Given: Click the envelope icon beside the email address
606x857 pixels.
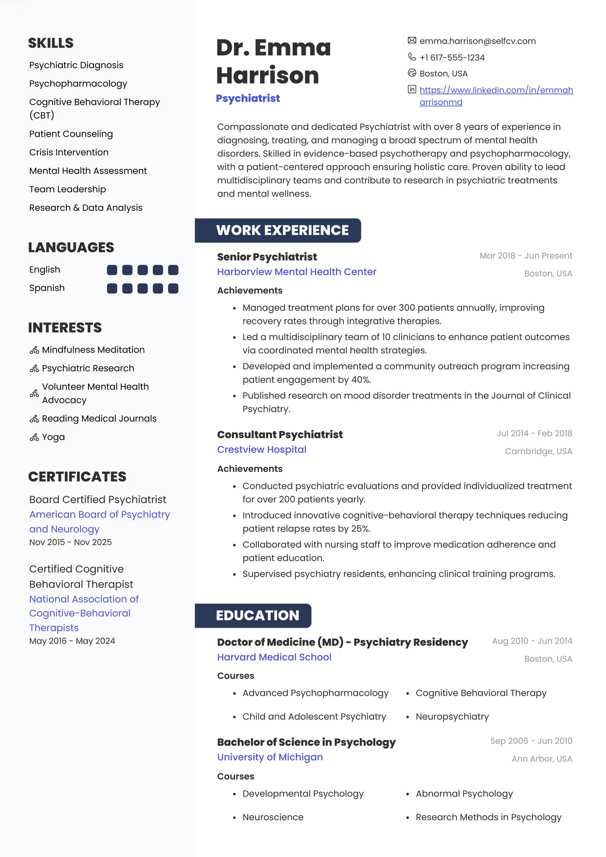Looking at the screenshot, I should [x=412, y=40].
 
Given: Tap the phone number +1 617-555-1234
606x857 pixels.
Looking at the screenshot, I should [x=452, y=58].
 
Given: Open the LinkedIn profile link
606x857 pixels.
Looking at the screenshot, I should [x=496, y=90].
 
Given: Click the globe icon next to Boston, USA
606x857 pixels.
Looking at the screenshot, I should [x=412, y=73].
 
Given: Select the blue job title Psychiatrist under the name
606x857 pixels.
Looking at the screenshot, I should [x=248, y=98].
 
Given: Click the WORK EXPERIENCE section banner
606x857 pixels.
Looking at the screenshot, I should [x=278, y=231].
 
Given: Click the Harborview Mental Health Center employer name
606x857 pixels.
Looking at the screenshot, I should [x=297, y=272].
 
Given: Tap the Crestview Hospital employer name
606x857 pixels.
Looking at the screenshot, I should [x=262, y=450].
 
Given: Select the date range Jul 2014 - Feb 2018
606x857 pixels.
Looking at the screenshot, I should [x=534, y=433].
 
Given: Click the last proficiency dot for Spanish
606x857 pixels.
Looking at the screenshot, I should [x=173, y=289].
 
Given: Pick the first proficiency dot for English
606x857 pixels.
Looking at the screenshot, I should [x=112, y=270].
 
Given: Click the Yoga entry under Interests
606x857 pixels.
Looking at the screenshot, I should [x=53, y=437].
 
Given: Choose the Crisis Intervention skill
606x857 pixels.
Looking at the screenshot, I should [x=69, y=152].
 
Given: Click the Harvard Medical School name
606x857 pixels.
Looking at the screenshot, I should [x=274, y=657].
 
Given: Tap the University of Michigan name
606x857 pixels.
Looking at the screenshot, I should [x=270, y=757].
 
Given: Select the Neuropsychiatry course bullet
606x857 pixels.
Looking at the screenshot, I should [x=452, y=717].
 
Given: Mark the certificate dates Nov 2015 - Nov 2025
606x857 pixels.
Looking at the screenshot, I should [x=70, y=542].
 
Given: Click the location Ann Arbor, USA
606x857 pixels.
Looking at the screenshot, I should [x=542, y=759].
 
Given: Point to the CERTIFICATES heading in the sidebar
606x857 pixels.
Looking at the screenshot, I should [x=77, y=477].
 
